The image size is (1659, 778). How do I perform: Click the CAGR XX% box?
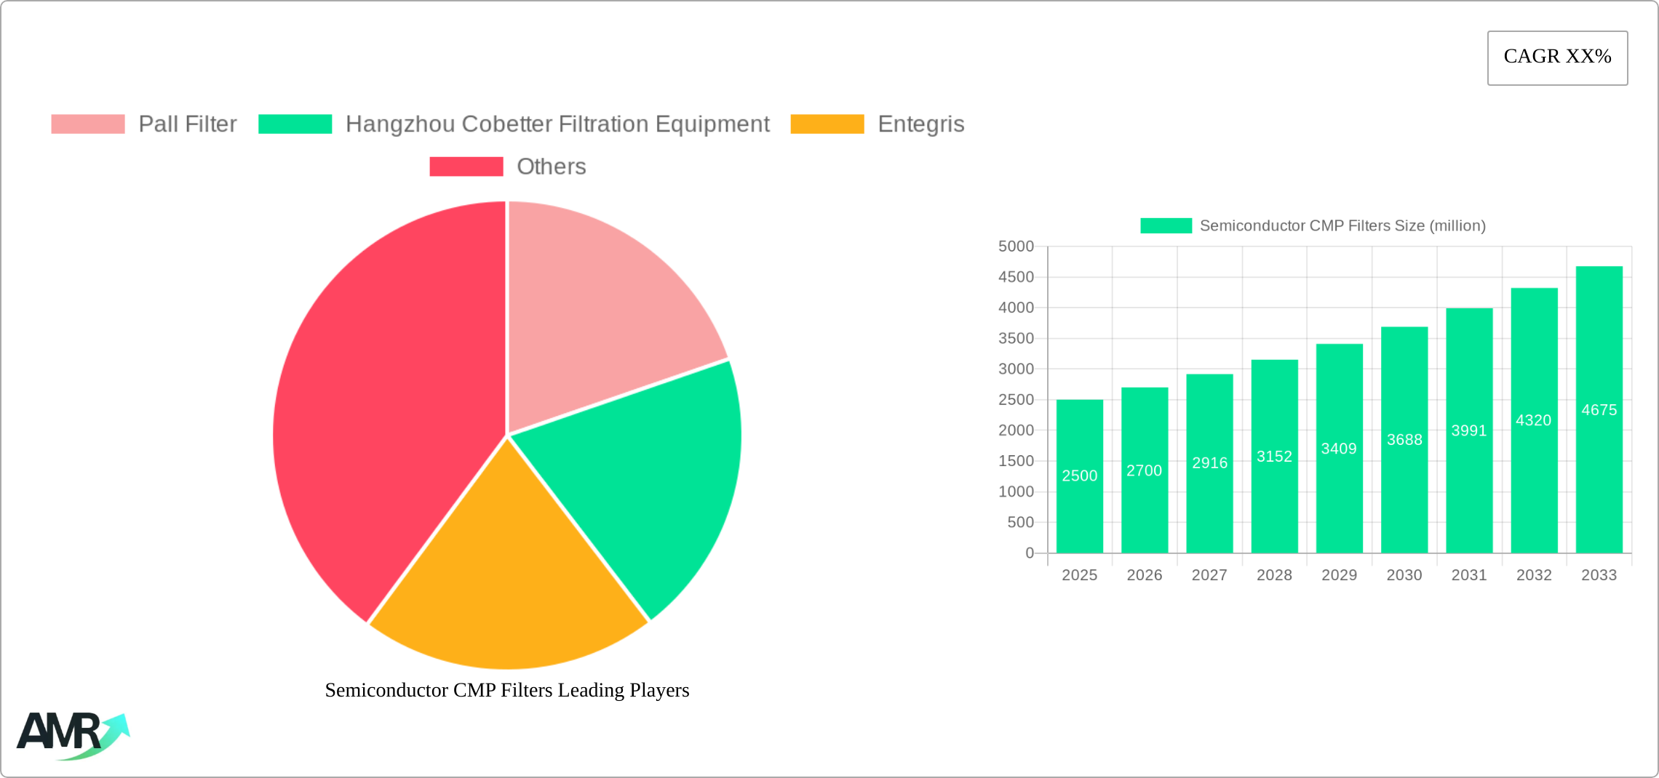pyautogui.click(x=1557, y=57)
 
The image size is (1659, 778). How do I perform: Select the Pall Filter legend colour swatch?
pyautogui.click(x=88, y=124)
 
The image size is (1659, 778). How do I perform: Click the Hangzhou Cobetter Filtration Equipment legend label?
pyautogui.click(x=557, y=124)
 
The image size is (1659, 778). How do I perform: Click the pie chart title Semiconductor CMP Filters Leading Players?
pyautogui.click(x=507, y=690)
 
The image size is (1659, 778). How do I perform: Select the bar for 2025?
pyautogui.click(x=1079, y=476)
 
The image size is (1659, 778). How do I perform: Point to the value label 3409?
pyautogui.click(x=1339, y=449)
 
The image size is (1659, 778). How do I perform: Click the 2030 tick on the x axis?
pyautogui.click(x=1404, y=575)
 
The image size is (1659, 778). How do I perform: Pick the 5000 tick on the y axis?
pyautogui.click(x=1016, y=246)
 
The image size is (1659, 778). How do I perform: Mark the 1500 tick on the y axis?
pyautogui.click(x=1016, y=461)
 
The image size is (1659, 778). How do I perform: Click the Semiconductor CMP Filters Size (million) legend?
pyautogui.click(x=1313, y=225)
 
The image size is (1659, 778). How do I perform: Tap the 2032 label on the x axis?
pyautogui.click(x=1534, y=575)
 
